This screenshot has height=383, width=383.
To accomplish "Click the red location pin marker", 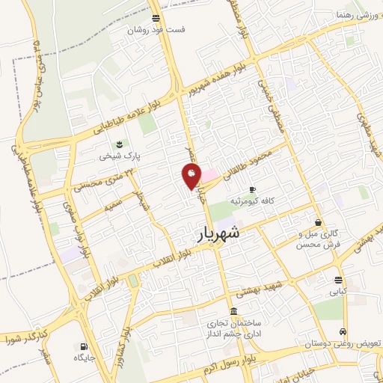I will point(192,176).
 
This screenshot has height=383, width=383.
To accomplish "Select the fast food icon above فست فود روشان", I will point(155,18).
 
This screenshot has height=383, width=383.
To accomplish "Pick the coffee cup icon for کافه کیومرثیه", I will point(252,189).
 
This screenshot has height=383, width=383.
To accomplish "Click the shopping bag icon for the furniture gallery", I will point(319,222).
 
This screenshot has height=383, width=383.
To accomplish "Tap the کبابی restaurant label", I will point(339,293).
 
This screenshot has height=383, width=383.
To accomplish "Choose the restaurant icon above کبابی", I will point(339,281).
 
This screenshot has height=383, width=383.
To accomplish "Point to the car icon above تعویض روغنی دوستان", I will point(343,331).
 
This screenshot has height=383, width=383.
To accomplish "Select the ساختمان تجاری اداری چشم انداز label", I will point(233,328).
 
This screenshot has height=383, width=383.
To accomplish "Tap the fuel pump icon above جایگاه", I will point(82,346).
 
